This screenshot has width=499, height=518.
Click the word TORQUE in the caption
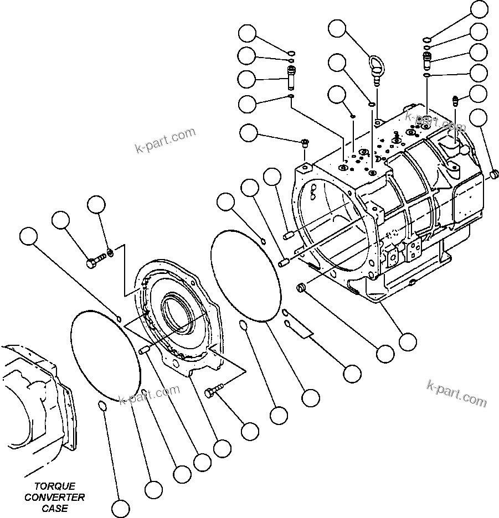(50, 486)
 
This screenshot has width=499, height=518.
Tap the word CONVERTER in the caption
(55, 497)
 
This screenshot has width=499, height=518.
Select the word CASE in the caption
(55, 508)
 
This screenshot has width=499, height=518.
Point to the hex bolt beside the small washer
(95, 261)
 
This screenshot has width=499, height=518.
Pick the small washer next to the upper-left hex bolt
(111, 253)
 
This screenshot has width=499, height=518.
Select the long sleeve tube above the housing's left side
(291, 76)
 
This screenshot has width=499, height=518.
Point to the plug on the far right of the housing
(495, 175)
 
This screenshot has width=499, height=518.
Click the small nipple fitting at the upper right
(457, 100)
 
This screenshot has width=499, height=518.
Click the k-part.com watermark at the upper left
(164, 141)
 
